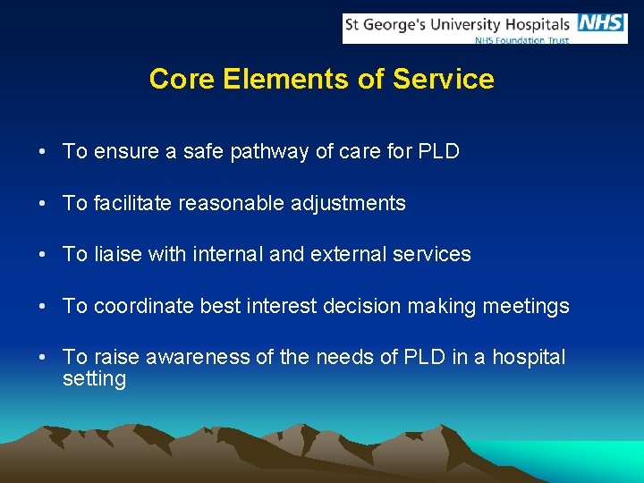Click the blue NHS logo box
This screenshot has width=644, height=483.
(x=601, y=24)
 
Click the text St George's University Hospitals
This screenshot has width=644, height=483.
(x=458, y=25)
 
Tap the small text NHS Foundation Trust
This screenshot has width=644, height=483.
(x=522, y=39)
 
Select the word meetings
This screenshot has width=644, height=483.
(x=526, y=307)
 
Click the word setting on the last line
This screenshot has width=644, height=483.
(x=94, y=379)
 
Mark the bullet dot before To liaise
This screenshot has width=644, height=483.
(x=43, y=256)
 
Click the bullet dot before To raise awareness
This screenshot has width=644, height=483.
(x=43, y=359)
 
